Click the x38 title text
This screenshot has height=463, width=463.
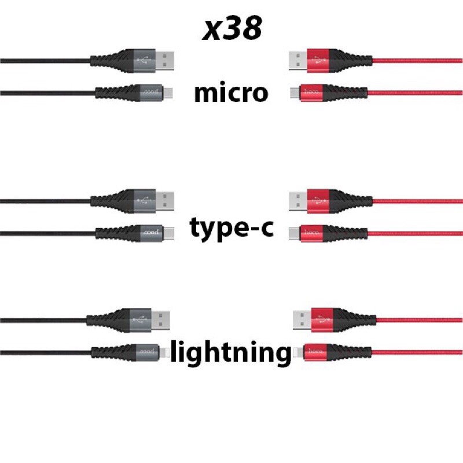[231, 29]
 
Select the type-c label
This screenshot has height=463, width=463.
[231, 230]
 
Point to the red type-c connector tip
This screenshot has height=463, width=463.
[293, 233]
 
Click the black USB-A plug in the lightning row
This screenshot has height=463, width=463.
[161, 319]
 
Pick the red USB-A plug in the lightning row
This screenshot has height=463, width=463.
[301, 319]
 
